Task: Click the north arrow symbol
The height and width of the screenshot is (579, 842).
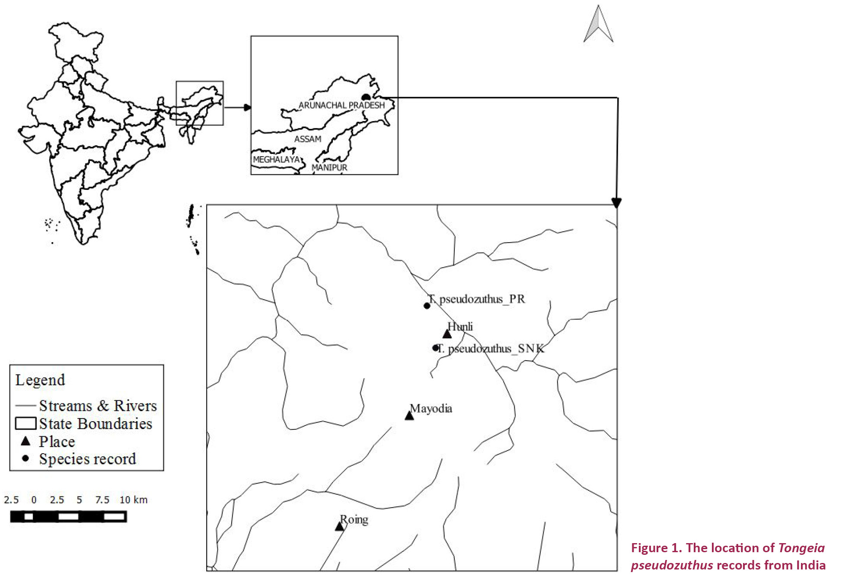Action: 598,25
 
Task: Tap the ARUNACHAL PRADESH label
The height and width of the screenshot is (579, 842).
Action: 341,105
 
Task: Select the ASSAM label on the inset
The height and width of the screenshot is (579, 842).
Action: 308,139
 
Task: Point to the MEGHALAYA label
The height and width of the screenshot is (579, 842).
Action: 277,160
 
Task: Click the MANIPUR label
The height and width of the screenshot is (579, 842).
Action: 329,167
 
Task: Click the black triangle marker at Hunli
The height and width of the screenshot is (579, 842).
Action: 447,334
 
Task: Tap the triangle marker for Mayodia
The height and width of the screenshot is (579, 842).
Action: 409,416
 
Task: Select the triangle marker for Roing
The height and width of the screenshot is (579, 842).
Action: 340,527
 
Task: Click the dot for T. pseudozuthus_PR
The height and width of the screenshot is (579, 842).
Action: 427,306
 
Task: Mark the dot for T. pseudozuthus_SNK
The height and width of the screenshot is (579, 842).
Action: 436,348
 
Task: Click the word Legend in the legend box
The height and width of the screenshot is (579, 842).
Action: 40,380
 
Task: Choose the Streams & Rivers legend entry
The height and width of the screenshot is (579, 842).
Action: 98,406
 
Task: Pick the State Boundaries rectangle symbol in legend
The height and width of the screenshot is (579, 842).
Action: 26,423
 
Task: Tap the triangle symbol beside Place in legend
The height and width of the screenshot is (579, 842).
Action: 26,441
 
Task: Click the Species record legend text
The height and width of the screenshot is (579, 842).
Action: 87,459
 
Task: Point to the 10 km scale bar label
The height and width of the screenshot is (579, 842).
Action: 134,500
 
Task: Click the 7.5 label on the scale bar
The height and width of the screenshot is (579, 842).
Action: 102,500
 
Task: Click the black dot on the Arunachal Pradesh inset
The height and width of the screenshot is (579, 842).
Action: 366,97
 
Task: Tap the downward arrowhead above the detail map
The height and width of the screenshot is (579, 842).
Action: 616,202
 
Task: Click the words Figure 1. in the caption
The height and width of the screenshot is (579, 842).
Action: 656,548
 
